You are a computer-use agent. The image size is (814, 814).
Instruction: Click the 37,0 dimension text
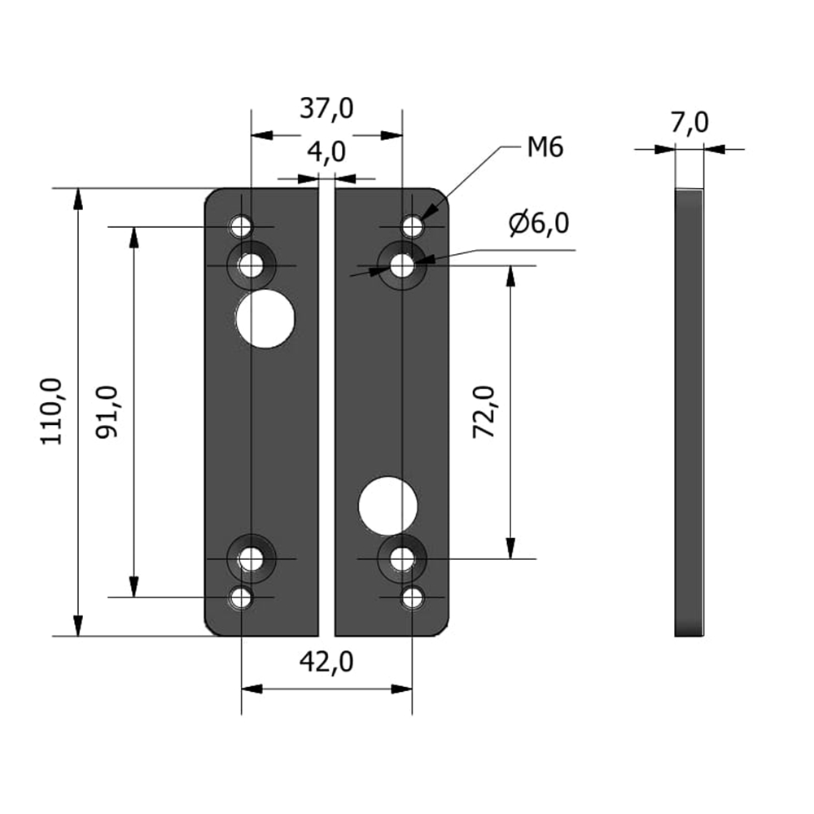point(326,108)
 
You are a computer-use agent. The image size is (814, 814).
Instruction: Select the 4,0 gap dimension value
point(326,152)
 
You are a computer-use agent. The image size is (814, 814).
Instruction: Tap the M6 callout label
point(545,148)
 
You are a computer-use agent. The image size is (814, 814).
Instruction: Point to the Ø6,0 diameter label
point(540,223)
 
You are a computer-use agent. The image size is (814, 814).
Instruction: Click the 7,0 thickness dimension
point(689,123)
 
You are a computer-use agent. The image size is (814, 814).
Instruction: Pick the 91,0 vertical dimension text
point(107,411)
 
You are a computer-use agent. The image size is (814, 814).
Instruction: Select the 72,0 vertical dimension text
point(485,412)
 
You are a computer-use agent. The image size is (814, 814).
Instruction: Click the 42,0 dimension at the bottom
point(326,663)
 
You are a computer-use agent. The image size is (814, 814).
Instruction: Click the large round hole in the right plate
point(387,505)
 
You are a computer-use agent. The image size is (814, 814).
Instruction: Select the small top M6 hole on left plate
point(241,225)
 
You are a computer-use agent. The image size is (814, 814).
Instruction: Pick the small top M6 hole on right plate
point(413,225)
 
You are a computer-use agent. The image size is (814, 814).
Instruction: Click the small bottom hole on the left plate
point(241,598)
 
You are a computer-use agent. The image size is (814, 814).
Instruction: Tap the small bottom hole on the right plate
point(413,598)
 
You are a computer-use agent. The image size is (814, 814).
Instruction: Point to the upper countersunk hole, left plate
point(252,265)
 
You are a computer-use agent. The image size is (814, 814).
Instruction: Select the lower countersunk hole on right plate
point(402,558)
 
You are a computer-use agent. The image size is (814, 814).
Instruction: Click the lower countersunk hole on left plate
point(252,558)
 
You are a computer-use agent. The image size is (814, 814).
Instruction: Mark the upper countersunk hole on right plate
point(402,265)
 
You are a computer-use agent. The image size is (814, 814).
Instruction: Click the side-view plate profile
point(689,412)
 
